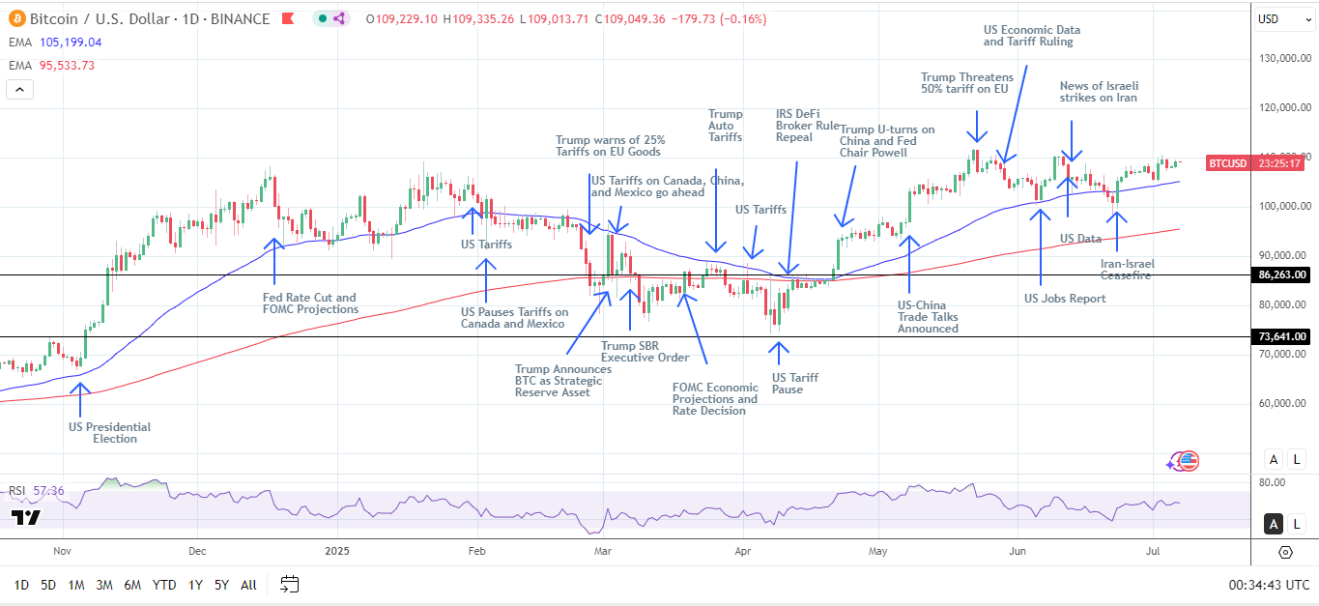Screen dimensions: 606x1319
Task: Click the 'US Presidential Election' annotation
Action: [x=109, y=432]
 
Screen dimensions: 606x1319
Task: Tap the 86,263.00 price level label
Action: [x=1282, y=275]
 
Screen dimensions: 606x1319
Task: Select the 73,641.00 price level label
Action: [x=1282, y=336]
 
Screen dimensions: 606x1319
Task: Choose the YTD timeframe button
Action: [x=164, y=585]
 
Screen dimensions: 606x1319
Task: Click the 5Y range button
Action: [x=221, y=585]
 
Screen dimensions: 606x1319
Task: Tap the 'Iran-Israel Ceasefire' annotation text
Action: [x=1127, y=269]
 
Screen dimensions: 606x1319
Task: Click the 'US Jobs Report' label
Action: [x=1065, y=299]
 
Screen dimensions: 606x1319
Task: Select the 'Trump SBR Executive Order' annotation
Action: [x=645, y=352]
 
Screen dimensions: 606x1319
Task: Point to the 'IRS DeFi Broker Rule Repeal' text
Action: [x=808, y=126]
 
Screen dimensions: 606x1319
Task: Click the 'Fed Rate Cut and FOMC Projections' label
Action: [x=310, y=303]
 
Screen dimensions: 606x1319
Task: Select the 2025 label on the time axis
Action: [x=337, y=551]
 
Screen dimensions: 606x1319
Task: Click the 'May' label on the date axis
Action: [x=877, y=551]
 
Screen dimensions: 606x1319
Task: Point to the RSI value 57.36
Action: [x=48, y=491]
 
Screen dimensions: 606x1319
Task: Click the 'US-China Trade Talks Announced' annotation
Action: [x=928, y=316]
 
